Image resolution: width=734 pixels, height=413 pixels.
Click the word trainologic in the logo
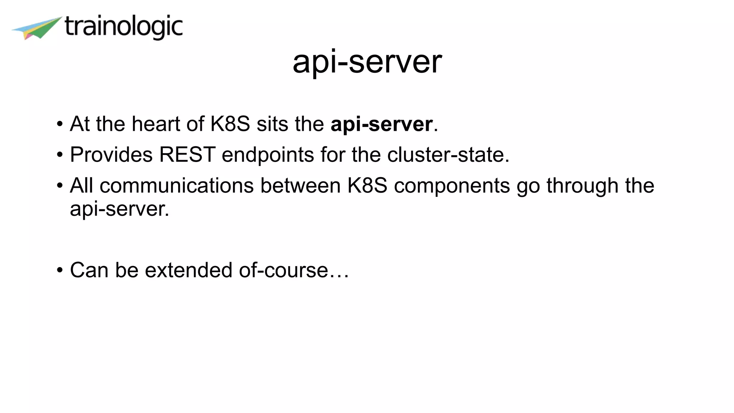(x=124, y=27)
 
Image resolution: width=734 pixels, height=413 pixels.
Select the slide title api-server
(x=367, y=62)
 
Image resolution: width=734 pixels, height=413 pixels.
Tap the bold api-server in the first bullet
(x=381, y=124)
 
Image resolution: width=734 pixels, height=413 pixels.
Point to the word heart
(x=156, y=124)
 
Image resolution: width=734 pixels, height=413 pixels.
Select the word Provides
(x=111, y=155)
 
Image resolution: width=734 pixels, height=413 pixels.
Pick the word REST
(x=187, y=155)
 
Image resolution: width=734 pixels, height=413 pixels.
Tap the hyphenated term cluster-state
(x=448, y=155)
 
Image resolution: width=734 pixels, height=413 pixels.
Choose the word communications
(x=177, y=186)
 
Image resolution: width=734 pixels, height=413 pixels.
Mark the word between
(x=300, y=186)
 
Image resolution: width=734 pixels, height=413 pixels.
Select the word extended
(x=189, y=270)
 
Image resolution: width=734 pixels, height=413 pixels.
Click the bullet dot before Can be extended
(x=60, y=270)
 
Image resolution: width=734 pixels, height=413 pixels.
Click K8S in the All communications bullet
(x=367, y=186)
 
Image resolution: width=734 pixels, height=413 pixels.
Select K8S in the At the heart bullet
(x=230, y=124)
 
